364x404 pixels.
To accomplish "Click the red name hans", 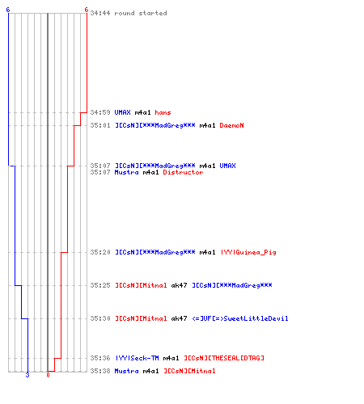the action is pos(163,112).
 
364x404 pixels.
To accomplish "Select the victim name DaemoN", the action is pos(231,125).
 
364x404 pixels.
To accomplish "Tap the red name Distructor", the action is pos(183,172).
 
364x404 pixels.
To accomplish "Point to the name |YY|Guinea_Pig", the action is pos(248,252).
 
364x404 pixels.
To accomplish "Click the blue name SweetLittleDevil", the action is pos(240,318).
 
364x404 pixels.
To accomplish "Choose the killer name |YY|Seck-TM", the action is pos(137,358).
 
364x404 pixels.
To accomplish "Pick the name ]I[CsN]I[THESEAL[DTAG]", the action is pos(224,358).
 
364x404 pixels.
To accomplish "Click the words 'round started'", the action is pos(141,13).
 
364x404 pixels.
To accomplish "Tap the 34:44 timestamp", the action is pos(100,13).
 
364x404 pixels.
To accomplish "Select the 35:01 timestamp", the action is pos(100,125).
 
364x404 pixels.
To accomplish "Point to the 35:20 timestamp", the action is pos(100,252).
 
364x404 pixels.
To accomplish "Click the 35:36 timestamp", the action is pos(100,358).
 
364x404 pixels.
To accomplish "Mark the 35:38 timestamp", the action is pos(100,371).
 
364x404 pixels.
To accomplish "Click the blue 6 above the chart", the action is pos(8,10).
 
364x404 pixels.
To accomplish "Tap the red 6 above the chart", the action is pos(87,10).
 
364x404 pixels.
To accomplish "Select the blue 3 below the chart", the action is pos(28,375).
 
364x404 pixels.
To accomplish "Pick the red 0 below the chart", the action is pos(48,375).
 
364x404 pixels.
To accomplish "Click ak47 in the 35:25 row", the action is pos(179,285).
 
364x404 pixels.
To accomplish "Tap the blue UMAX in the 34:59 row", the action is pos(122,112).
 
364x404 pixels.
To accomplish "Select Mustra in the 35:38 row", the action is pos(126,371).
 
